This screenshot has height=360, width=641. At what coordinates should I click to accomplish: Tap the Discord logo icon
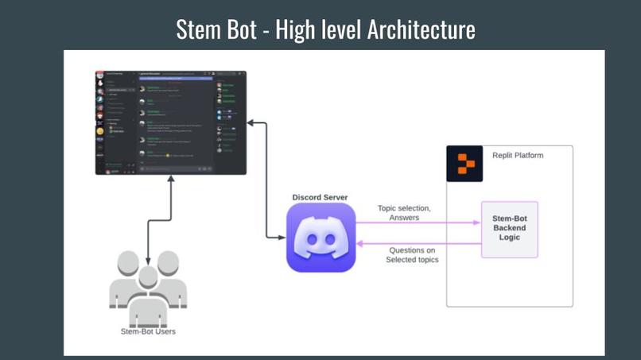[x=320, y=238]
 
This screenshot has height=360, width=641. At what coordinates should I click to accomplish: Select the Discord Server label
[x=320, y=197]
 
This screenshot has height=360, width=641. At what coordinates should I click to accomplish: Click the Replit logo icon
[x=464, y=164]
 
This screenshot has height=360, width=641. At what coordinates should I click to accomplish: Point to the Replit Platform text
[x=518, y=156]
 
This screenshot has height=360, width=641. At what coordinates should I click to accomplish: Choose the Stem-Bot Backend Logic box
[x=509, y=229]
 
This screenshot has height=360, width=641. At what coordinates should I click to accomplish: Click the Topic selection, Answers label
[x=404, y=213]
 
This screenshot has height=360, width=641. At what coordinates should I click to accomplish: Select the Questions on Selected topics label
[x=412, y=255]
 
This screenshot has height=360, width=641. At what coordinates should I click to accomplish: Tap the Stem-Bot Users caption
[x=148, y=331]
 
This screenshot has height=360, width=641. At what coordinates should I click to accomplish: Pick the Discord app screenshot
[x=170, y=122]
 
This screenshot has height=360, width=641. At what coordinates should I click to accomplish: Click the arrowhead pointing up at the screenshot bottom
[x=170, y=180]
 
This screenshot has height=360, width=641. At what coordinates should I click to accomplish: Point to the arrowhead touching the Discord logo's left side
[x=282, y=237]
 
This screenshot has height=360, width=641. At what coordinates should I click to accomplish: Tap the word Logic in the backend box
[x=509, y=238]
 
